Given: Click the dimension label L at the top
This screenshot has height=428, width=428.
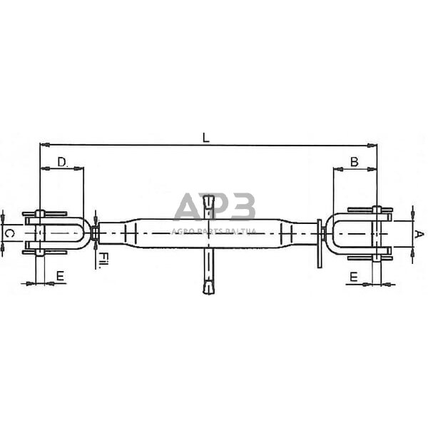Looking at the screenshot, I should (205, 138).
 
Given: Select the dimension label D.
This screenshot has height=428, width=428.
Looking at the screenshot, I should (62, 162).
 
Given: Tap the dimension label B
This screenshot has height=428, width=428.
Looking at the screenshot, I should (355, 162).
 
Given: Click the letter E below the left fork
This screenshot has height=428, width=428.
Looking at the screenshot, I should (60, 275).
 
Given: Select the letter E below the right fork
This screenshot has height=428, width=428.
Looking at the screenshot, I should (355, 275).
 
